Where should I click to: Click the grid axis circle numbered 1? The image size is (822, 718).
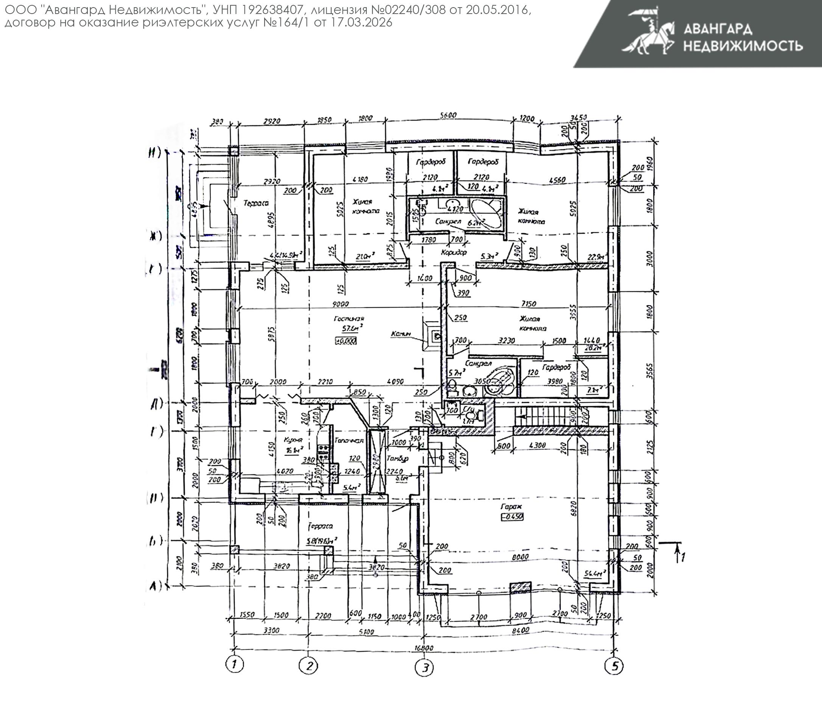point(235,665)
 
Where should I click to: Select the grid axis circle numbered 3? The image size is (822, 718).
point(425,668)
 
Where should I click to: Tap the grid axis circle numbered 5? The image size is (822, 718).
point(614,666)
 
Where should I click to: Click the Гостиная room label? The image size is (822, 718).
point(349,319)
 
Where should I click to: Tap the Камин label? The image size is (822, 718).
point(401,333)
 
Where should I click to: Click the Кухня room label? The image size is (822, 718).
point(293,440)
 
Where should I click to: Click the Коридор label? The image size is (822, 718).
point(454,252)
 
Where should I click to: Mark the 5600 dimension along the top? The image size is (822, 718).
point(448,115)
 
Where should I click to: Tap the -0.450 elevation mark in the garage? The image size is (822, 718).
point(512,516)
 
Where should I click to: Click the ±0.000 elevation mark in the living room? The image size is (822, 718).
point(346,341)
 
